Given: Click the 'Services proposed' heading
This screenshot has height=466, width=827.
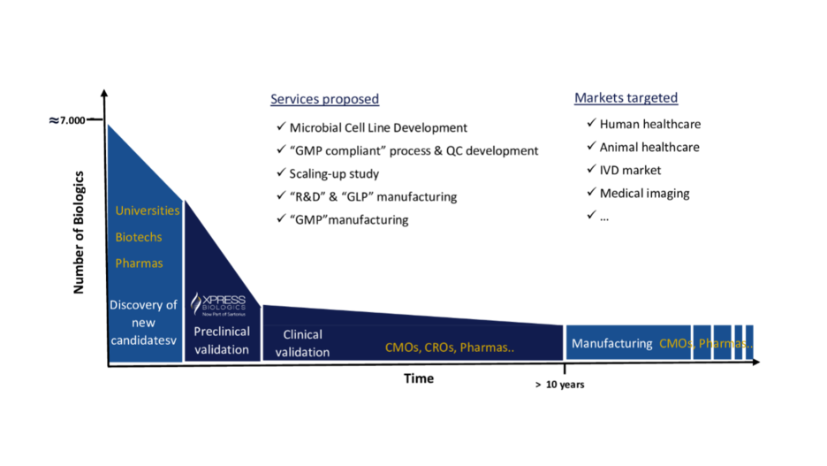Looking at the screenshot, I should (324, 99).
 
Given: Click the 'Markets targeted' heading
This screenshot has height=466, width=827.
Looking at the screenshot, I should (626, 98).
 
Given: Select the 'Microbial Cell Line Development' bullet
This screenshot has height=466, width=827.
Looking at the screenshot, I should (378, 128).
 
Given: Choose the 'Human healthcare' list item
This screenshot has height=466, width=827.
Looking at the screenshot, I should (649, 125).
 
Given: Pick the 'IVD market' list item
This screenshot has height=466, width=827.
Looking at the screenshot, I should (630, 170).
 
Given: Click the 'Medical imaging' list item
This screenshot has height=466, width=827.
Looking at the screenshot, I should (644, 193).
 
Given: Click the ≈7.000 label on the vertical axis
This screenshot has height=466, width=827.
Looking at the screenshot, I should (67, 120).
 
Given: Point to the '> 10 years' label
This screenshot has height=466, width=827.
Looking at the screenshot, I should (559, 385).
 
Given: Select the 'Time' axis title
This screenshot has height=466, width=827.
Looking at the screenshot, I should (419, 378).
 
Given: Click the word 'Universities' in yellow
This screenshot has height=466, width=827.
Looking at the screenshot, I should (148, 210).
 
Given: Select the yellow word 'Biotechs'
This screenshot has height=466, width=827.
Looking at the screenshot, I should (139, 237).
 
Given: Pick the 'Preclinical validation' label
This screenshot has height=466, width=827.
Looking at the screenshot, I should (221, 340).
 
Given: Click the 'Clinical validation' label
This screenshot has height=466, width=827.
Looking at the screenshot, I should (302, 343).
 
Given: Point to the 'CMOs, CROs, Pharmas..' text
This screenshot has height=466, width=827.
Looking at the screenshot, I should (449, 348).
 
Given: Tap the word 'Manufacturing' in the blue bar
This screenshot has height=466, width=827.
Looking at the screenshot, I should (611, 343).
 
